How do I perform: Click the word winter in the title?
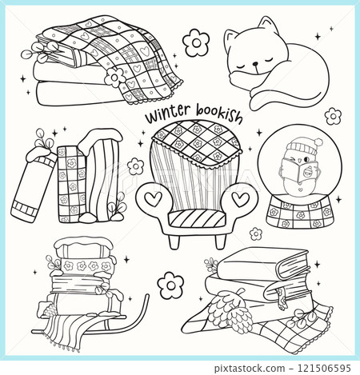[x=165, y=117]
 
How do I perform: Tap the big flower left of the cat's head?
[x=194, y=41]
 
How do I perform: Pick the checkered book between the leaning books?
[x=73, y=186]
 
